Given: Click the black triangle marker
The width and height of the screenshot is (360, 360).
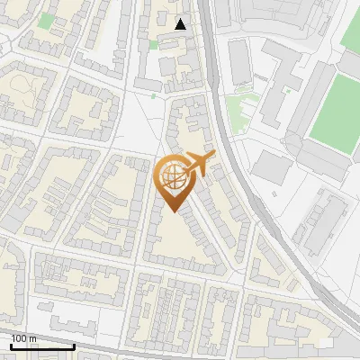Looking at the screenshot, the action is pos(181,24).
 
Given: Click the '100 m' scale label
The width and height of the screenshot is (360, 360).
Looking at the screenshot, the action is pos(24,337).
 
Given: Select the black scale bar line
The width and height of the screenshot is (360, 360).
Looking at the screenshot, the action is pos(42,346).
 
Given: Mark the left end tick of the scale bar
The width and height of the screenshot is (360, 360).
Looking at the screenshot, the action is pos(11,345).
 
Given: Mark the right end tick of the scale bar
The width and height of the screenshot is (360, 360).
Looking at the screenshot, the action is pos(75,345).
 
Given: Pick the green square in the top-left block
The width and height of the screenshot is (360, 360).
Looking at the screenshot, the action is pos(45,21).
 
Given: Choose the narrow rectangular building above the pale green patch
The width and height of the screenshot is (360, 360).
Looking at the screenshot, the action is pos(239,62).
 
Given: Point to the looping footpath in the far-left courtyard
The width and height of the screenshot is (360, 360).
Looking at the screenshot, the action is pos(21,90).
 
